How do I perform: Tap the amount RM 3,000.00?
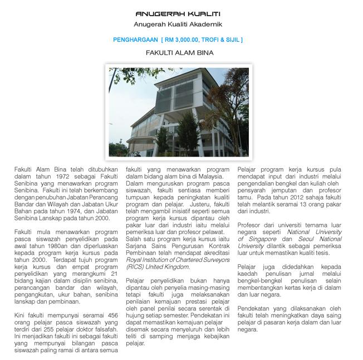[x=179, y=40]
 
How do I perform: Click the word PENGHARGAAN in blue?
[x=135, y=40]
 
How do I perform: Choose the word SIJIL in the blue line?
[x=233, y=40]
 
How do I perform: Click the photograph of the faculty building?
[x=179, y=111]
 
